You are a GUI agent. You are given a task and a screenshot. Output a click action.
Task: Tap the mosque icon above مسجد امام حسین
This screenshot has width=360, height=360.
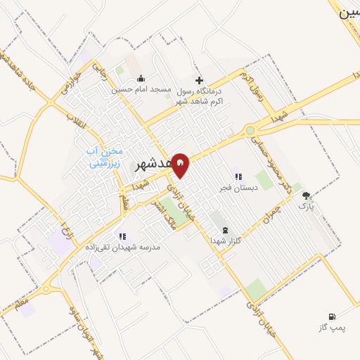(x=141, y=79)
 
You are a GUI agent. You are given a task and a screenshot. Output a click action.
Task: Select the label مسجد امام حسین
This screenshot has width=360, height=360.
(x=141, y=89)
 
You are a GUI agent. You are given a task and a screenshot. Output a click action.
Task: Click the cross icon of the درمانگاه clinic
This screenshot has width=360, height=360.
(x=199, y=80)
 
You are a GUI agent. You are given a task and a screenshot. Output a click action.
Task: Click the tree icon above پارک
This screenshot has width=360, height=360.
(x=306, y=195)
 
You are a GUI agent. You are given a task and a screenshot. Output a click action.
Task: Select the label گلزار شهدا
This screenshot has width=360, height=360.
(x=226, y=241)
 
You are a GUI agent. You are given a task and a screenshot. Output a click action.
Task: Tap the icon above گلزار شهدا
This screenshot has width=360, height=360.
(x=225, y=230)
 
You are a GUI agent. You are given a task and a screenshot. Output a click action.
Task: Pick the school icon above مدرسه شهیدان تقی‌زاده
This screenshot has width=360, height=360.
(x=122, y=236)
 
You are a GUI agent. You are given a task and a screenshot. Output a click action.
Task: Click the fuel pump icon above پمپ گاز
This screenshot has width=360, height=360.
(x=332, y=318)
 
